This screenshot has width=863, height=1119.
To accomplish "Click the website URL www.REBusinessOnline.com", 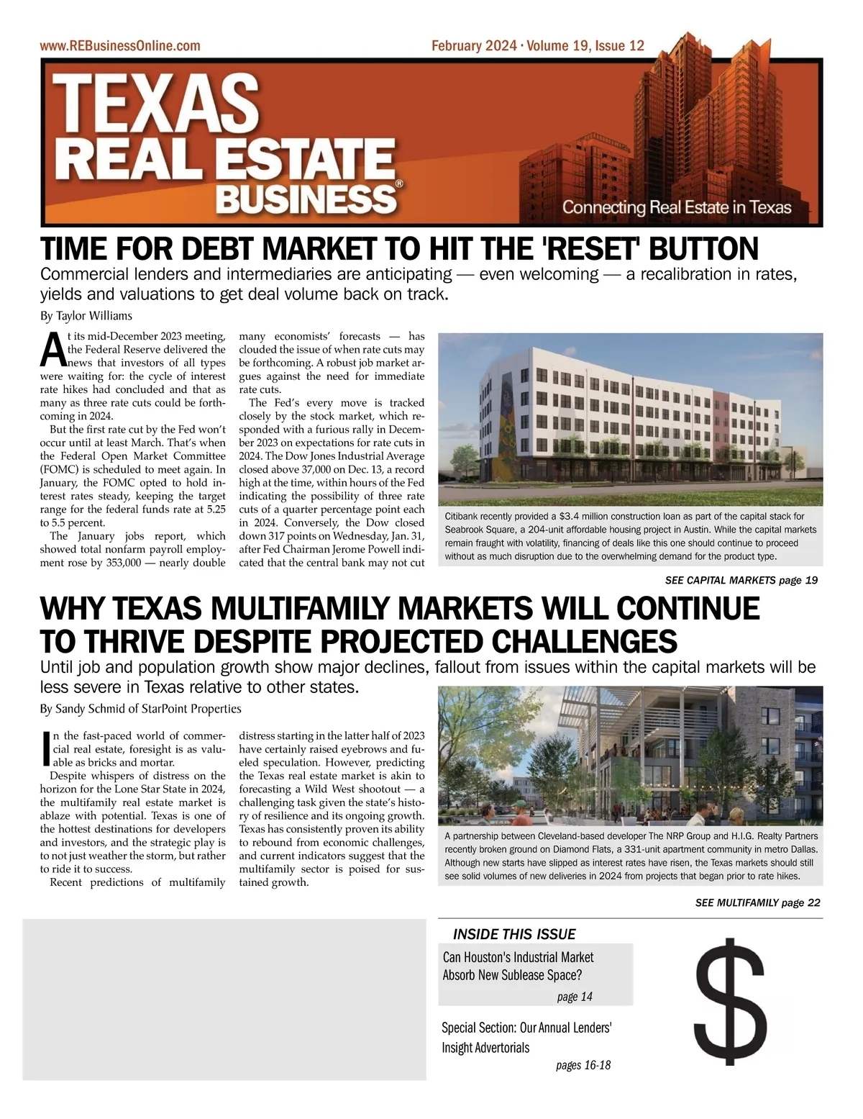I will click(120, 46).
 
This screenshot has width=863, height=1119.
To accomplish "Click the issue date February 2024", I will click(473, 46).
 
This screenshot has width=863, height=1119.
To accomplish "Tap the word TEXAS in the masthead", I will click(155, 103).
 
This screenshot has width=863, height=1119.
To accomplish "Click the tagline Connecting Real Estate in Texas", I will click(676, 208).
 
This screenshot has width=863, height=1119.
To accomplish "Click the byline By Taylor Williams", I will click(86, 316).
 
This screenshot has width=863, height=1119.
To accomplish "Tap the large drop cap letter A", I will click(52, 350).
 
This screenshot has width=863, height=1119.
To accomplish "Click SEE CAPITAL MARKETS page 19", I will click(741, 580).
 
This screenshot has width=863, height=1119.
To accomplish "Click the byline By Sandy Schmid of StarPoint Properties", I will click(140, 709).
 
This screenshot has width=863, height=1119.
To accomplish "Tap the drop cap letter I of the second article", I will click(47, 748).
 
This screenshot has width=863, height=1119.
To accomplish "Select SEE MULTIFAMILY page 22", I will click(757, 902).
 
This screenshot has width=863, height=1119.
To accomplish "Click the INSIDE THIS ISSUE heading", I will click(514, 934).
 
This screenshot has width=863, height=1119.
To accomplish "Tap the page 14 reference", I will click(575, 997).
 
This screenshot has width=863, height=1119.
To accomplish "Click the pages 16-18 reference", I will click(583, 1065).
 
